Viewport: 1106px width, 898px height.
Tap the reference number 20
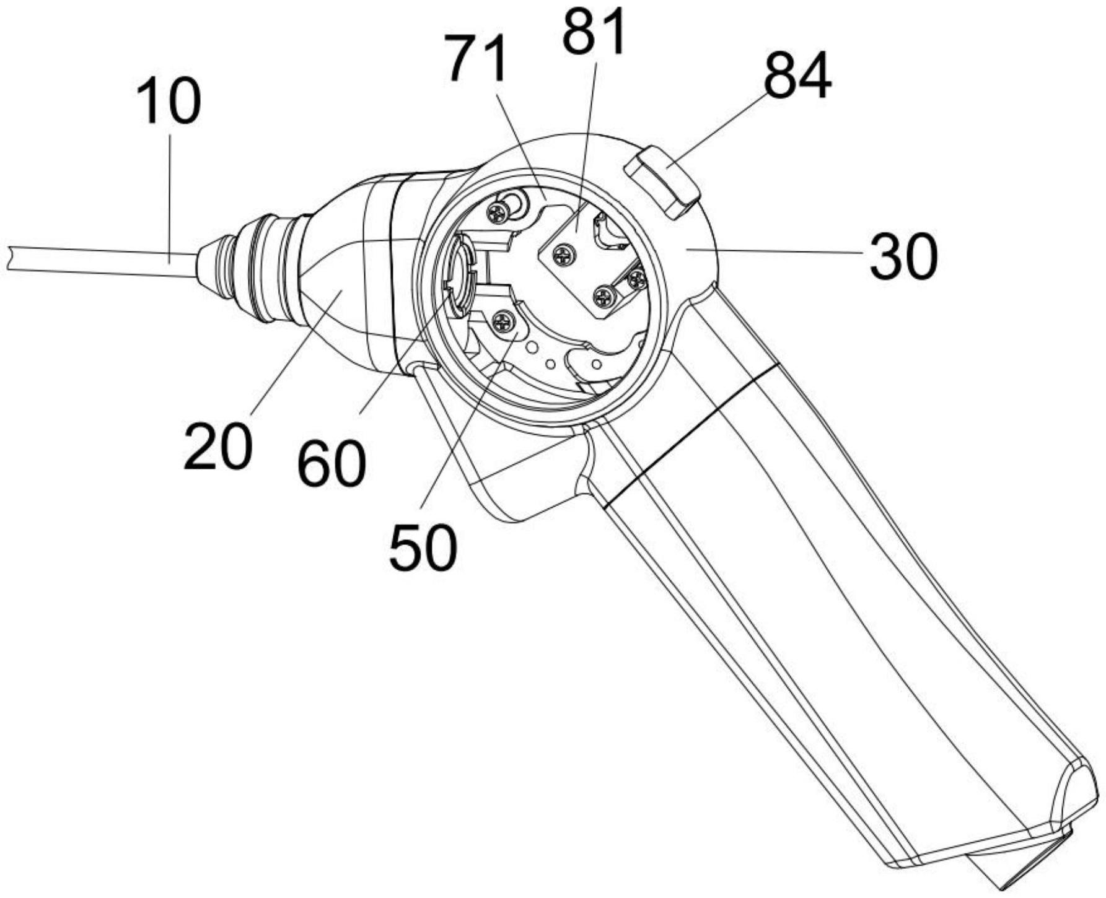pyautogui.click(x=218, y=445)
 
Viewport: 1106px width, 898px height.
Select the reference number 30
pyautogui.click(x=903, y=256)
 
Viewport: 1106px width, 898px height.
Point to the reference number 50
pyautogui.click(x=423, y=547)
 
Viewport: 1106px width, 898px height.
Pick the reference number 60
pyautogui.click(x=331, y=464)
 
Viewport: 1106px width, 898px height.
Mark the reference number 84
pyautogui.click(x=797, y=76)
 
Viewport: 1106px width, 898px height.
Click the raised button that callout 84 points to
pyautogui.click(x=662, y=182)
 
